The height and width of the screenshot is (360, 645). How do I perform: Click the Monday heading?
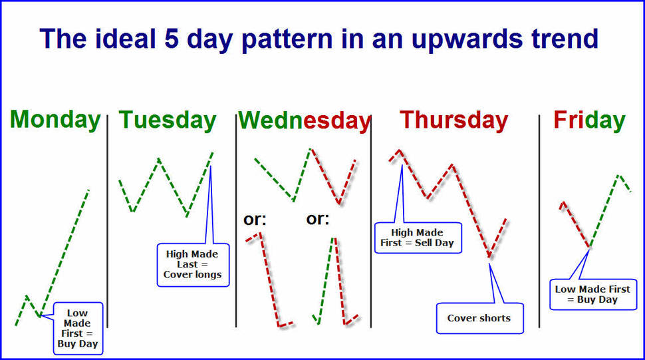point(55,120)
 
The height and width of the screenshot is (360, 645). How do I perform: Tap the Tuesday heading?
point(168,120)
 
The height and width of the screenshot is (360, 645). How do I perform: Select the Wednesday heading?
point(305,120)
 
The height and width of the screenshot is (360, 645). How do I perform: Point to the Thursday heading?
point(453,120)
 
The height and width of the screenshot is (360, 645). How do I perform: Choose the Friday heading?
point(589,120)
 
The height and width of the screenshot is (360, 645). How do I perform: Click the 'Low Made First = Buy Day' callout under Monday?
point(78,328)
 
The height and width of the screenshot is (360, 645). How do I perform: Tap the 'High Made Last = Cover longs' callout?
point(193,265)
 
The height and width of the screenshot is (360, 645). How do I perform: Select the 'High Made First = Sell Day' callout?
point(418,238)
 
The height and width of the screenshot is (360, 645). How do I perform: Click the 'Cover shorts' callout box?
point(479,318)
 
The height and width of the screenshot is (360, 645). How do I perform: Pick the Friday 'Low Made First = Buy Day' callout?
point(592,294)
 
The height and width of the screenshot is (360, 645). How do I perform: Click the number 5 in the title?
point(171,39)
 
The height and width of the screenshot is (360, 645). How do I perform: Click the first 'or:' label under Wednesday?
point(255,220)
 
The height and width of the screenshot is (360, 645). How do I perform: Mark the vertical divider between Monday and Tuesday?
point(107,222)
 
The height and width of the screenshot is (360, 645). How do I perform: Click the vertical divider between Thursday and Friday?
point(539,222)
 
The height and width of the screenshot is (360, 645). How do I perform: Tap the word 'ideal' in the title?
point(126,39)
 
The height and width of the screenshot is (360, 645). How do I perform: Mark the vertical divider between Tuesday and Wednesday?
point(235,222)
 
